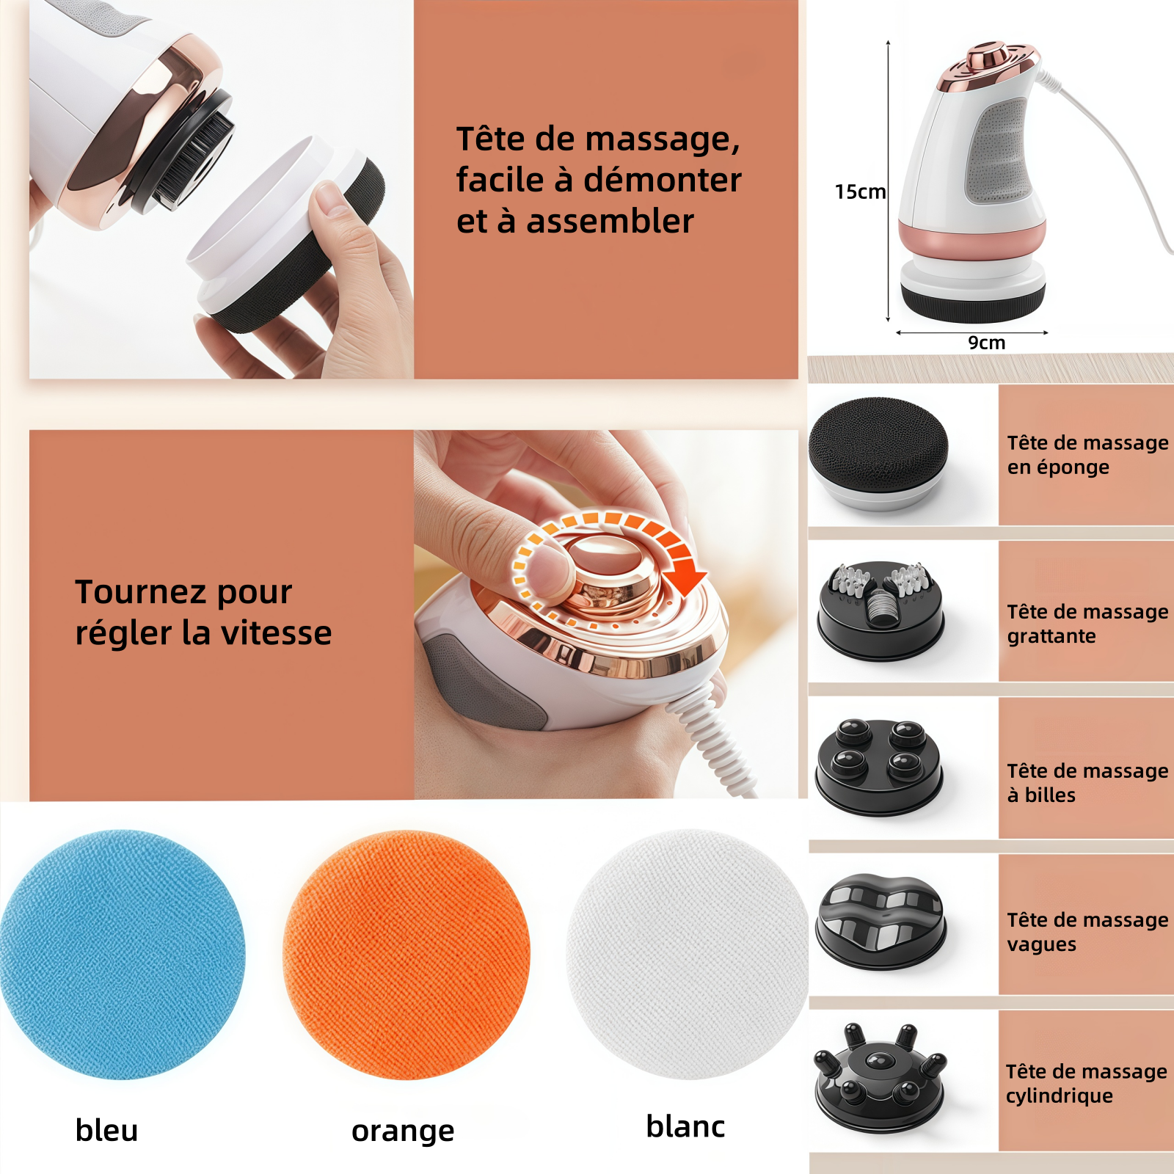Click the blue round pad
122,954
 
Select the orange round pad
406,955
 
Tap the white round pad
688,954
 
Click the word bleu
106,1130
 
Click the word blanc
685,1126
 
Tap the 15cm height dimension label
860,192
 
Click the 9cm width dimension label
986,343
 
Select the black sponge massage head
878,453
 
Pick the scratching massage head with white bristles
880,611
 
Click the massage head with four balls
879,766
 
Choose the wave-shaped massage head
880,922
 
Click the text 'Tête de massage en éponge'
1087,455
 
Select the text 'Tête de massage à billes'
1087,783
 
